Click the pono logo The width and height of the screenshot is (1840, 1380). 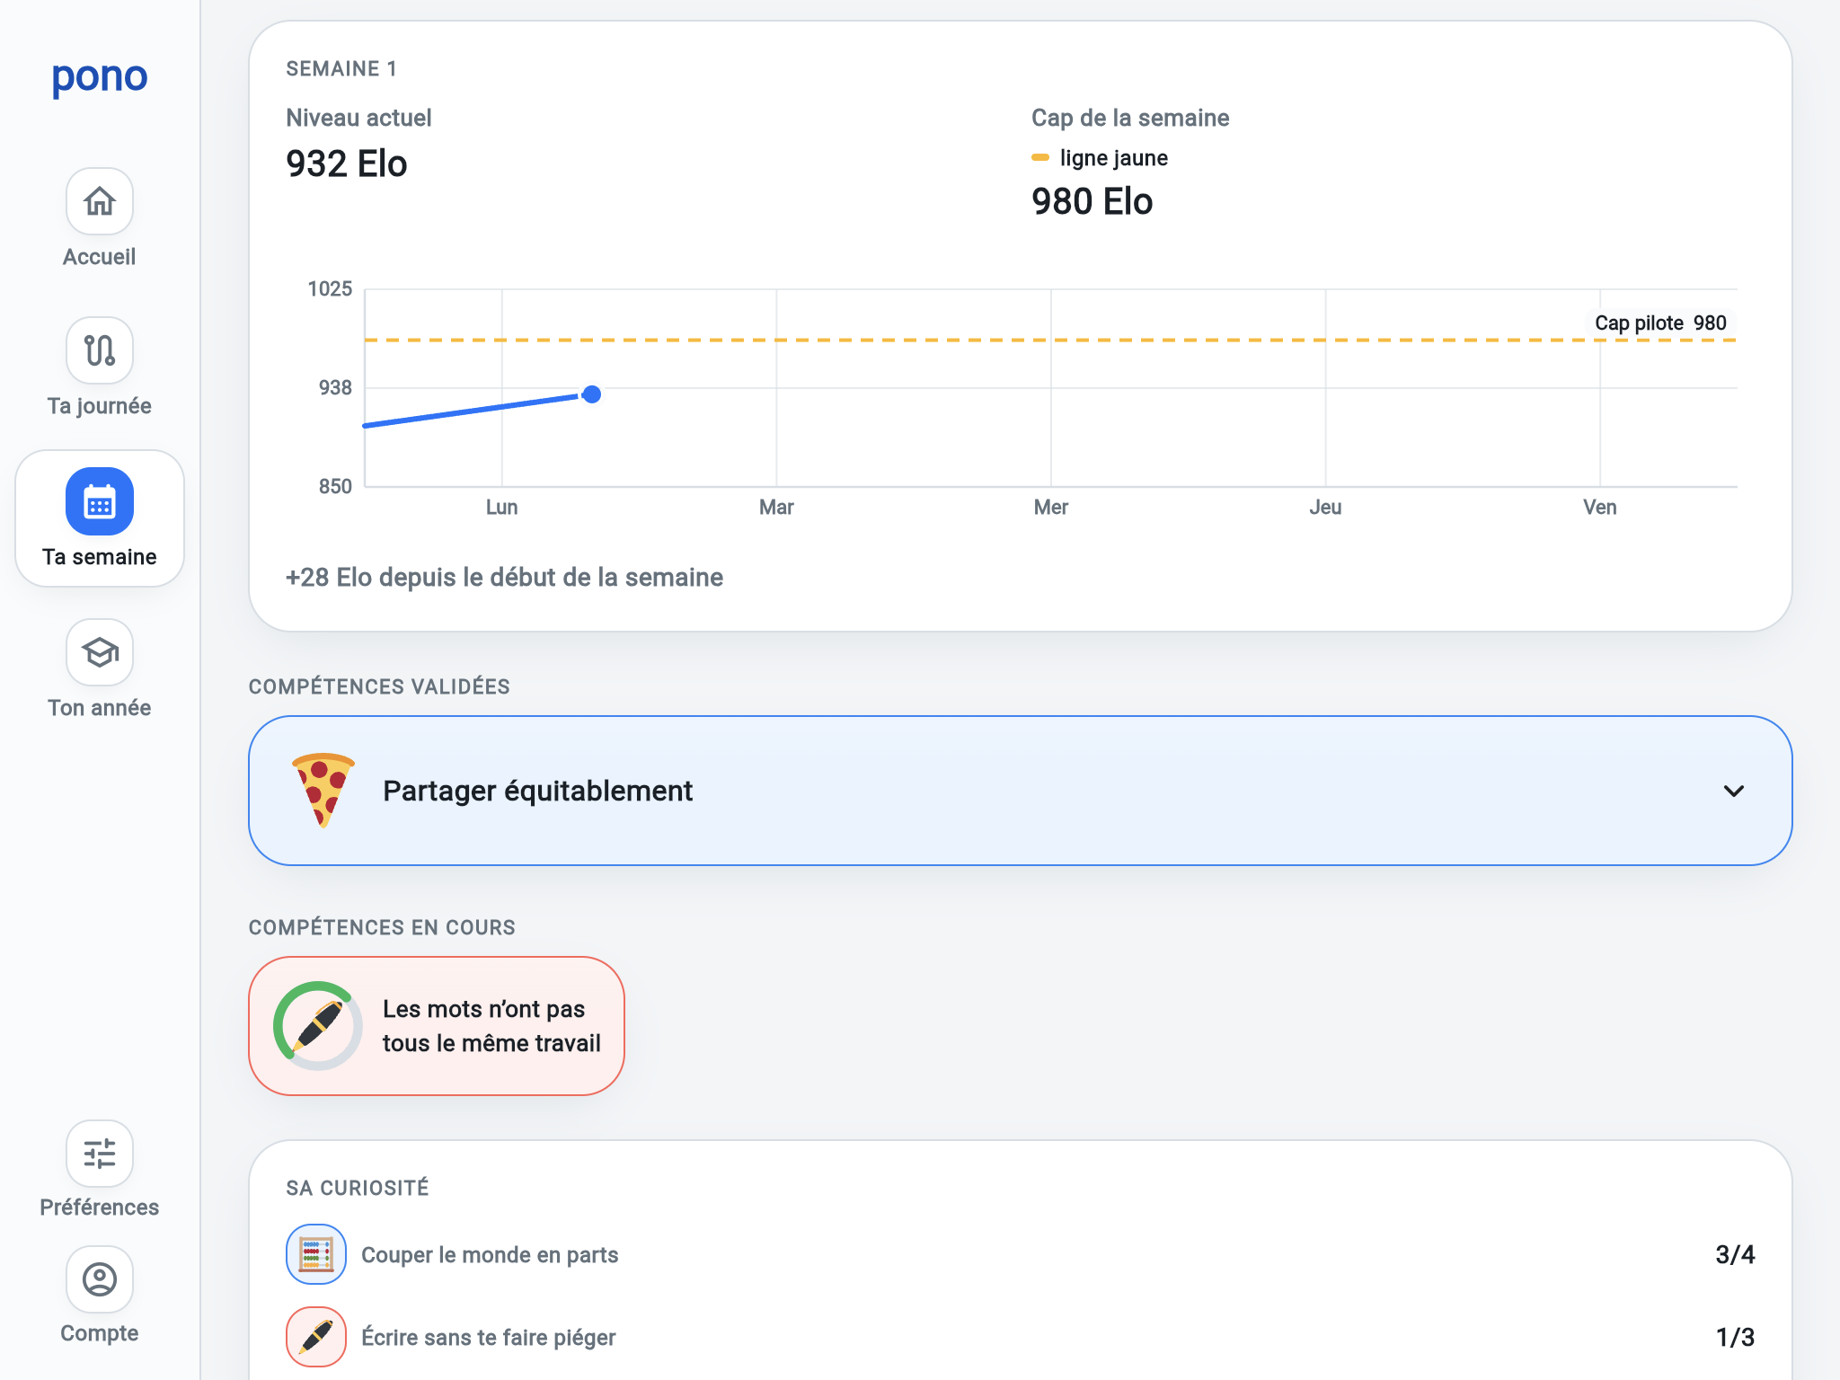pos(100,77)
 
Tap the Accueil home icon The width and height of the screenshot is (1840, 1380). pos(100,201)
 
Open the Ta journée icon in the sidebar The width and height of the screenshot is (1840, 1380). pos(100,350)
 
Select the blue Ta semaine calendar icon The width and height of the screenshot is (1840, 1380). pos(100,501)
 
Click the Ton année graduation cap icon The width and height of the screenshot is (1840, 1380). pos(100,652)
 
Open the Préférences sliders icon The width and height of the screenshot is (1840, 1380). pos(100,1153)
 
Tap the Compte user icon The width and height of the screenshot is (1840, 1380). pos(100,1278)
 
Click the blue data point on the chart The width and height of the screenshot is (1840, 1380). pos(591,394)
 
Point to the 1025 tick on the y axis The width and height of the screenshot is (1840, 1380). pos(330,289)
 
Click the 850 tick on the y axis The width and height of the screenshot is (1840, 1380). pos(335,487)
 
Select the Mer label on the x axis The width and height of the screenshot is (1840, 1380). pos(1051,508)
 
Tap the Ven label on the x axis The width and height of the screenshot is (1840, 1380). pos(1600,508)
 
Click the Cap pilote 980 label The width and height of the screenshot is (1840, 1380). pos(1660,323)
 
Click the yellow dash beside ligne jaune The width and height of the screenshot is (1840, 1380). pos(1040,158)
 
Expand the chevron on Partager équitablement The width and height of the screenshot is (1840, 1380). pos(1734,791)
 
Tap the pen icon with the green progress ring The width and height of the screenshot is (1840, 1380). pos(318,1026)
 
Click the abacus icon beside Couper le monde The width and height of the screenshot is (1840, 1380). pos(316,1254)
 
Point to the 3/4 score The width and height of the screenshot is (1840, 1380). pos(1735,1255)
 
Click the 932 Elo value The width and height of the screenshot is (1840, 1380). pos(347,164)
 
